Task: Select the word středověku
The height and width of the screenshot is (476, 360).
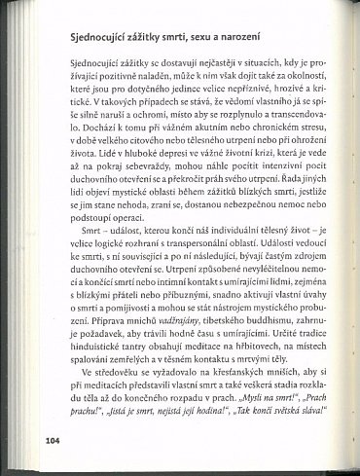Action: pos(100,399)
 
